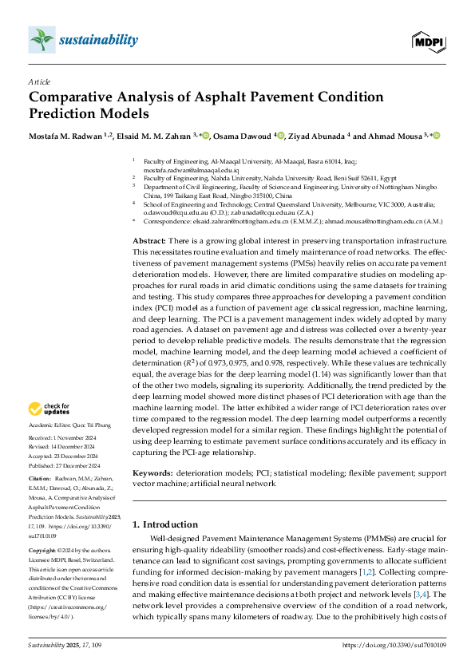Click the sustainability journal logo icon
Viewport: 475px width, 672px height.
[x=41, y=38]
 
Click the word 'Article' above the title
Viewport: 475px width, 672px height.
[x=39, y=82]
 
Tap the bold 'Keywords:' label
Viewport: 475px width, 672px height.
[x=153, y=472]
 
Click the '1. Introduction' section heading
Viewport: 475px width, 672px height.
[x=165, y=524]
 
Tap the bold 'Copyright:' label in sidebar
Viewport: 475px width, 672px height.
[x=44, y=551]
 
